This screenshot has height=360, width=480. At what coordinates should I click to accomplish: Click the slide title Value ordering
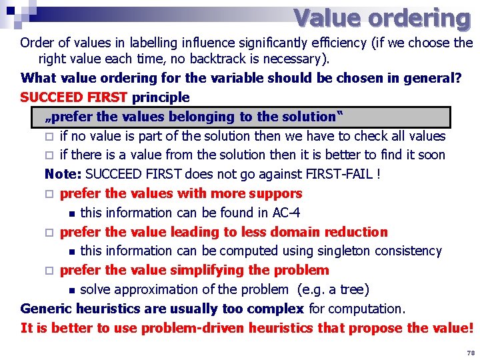(381, 18)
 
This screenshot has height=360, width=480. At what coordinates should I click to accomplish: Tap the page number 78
(471, 351)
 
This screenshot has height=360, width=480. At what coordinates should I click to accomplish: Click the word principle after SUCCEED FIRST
(161, 97)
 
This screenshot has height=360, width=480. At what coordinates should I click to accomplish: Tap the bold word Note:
(63, 175)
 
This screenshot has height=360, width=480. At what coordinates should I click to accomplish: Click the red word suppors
(274, 194)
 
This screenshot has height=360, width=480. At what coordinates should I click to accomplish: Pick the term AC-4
(286, 213)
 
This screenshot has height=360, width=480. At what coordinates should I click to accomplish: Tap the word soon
(431, 155)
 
